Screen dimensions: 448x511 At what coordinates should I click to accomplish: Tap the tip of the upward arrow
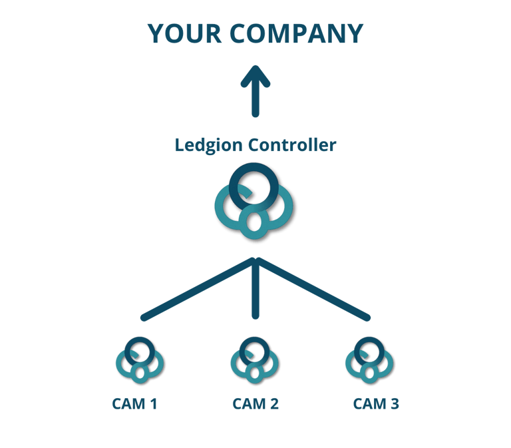(255, 68)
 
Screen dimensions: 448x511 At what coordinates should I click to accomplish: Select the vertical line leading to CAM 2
(255, 293)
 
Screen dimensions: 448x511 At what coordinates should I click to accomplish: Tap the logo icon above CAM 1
(140, 360)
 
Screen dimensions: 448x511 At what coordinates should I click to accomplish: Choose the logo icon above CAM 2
(255, 360)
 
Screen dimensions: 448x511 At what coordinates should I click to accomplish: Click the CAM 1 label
(134, 403)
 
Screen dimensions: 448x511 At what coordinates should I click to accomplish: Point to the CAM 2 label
(255, 403)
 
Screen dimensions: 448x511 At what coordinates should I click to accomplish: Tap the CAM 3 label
(376, 403)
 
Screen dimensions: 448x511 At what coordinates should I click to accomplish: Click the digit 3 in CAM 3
(394, 403)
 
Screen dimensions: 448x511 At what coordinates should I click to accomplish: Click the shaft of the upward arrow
(255, 100)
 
